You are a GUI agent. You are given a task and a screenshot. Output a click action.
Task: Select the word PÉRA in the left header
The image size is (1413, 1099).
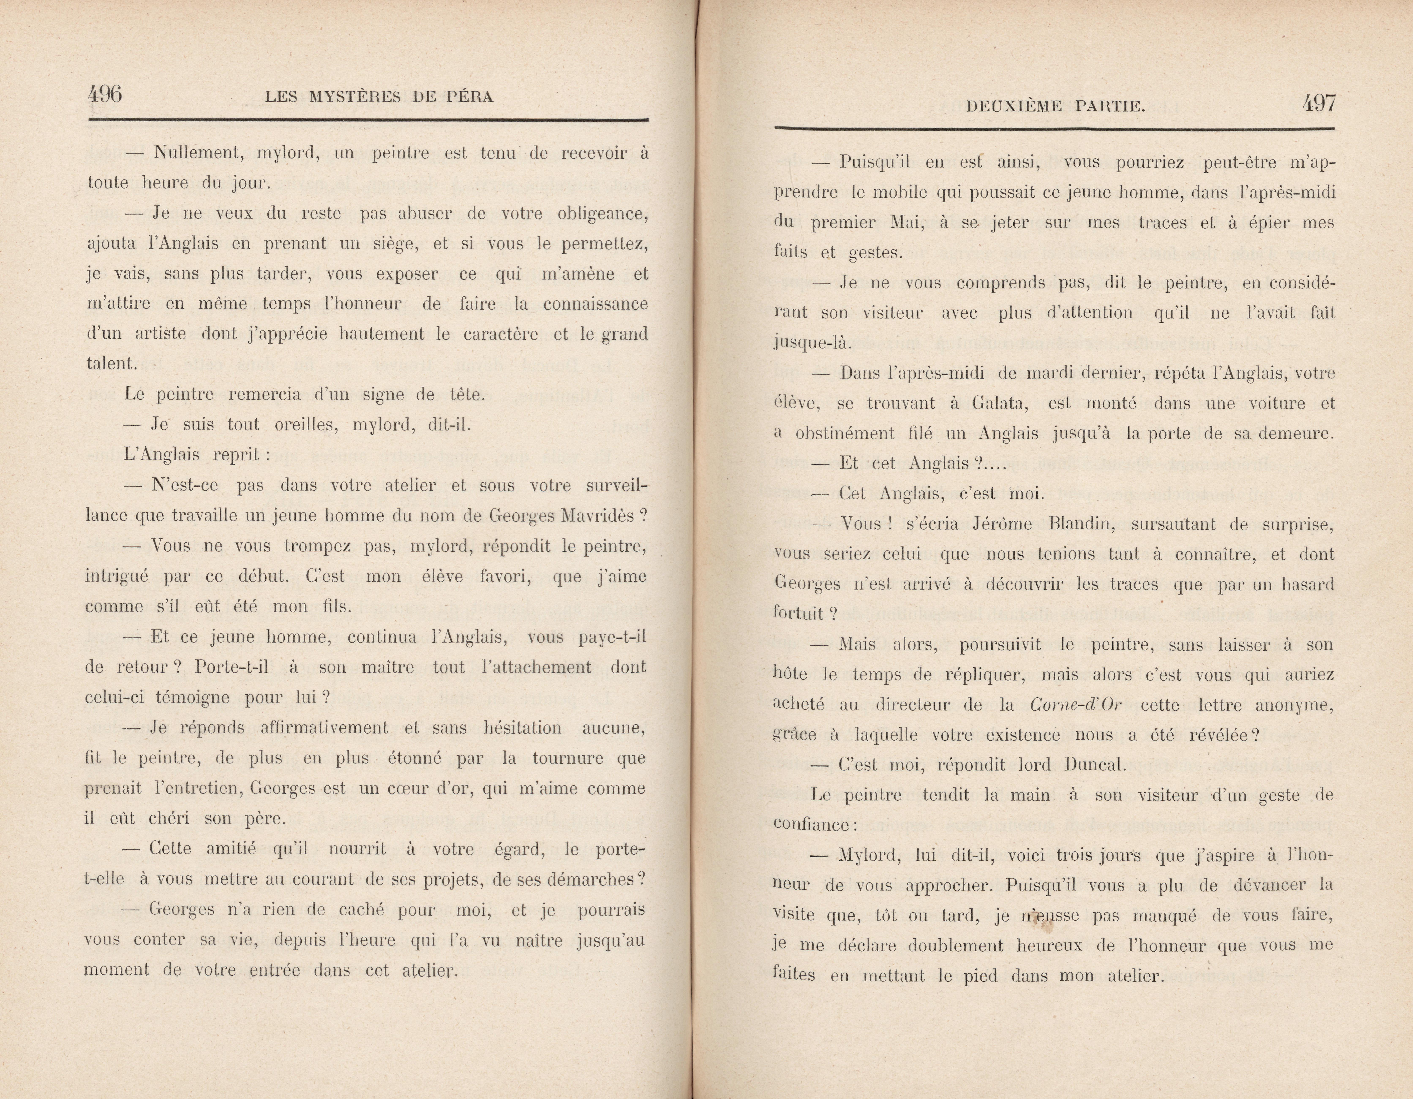coord(470,97)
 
